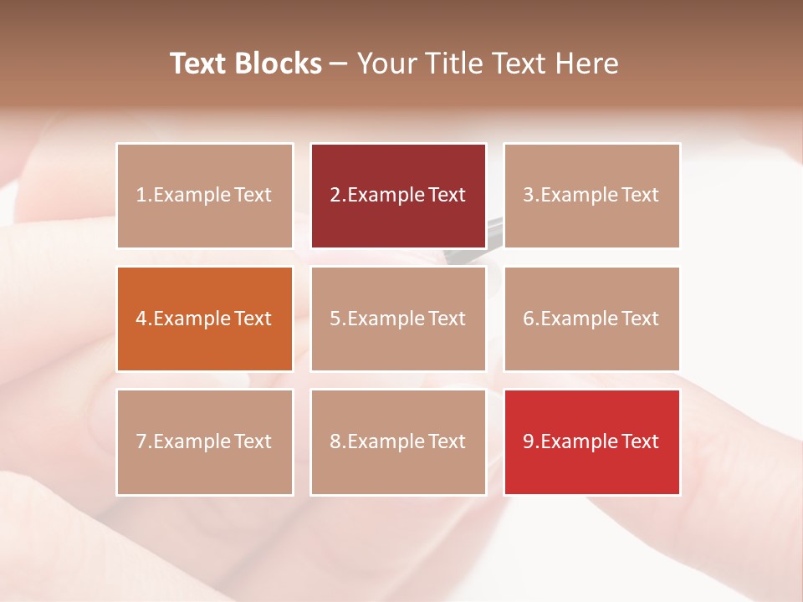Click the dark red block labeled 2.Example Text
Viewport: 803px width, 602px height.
click(x=398, y=196)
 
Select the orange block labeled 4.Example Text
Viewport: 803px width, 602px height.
click(x=205, y=319)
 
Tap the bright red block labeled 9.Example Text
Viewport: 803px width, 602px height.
click(x=591, y=441)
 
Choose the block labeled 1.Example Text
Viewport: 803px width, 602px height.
click(x=205, y=196)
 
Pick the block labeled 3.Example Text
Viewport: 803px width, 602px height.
click(x=591, y=196)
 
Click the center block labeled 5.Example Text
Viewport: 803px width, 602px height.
click(x=398, y=319)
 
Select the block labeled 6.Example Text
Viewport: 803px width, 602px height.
click(x=591, y=319)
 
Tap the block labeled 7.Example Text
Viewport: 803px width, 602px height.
click(x=205, y=441)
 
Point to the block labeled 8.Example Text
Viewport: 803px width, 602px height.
click(x=398, y=441)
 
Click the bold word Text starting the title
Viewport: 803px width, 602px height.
click(x=201, y=64)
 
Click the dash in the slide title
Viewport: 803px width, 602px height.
click(x=339, y=64)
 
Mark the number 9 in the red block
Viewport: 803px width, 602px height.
click(x=529, y=441)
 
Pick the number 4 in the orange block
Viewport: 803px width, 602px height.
click(x=141, y=319)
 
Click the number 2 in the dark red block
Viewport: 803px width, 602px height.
click(x=335, y=196)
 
